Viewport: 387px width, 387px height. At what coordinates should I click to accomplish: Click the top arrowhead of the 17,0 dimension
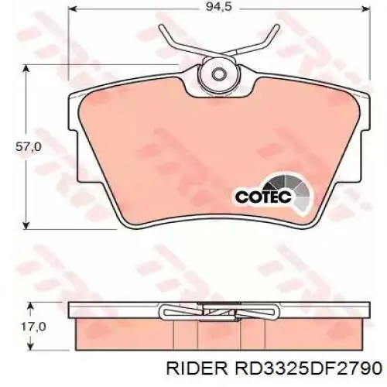click(29, 303)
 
